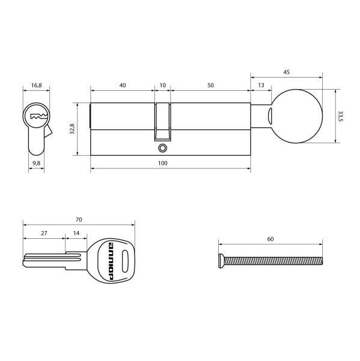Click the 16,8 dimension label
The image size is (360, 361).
(36, 85)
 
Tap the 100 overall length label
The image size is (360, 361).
(162, 163)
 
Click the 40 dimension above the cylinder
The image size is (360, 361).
(123, 85)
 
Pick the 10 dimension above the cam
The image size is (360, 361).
(162, 85)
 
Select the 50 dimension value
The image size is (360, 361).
(210, 85)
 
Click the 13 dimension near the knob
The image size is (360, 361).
(260, 85)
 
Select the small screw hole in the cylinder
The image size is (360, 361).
(162, 148)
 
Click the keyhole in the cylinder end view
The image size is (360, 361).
(37, 116)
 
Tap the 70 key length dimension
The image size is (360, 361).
(79, 219)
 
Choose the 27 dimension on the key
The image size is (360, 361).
(44, 233)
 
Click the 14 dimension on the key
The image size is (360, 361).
(76, 233)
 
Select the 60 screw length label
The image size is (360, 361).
(270, 239)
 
